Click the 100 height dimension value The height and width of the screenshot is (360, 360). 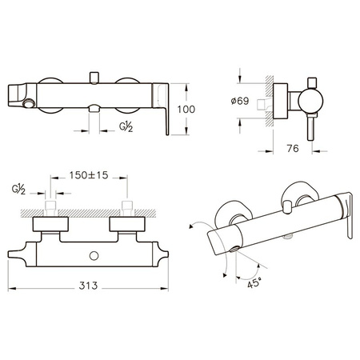click(186, 110)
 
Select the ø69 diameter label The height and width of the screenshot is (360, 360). click(240, 101)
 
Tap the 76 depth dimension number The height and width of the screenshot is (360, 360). click(293, 148)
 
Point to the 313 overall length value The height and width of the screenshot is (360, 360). click(88, 286)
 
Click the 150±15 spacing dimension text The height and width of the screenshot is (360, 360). click(89, 175)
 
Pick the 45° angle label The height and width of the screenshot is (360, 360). click(254, 282)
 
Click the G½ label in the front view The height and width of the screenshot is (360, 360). click(126, 126)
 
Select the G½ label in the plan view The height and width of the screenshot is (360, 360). click(18, 190)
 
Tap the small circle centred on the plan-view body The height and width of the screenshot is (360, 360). click(94, 256)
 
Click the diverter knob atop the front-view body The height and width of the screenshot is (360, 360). click(94, 78)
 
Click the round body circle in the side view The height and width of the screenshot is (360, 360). click(310, 101)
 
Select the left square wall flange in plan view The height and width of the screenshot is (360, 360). click(50, 224)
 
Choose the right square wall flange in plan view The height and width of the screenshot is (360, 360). click(127, 224)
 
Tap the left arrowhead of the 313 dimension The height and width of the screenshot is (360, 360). click(11, 288)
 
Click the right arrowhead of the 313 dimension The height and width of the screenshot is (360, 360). click(165, 288)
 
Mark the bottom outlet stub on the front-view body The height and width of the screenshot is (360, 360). click(94, 108)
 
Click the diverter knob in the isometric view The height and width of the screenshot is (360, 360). click(287, 207)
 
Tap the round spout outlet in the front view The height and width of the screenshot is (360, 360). click(28, 103)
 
